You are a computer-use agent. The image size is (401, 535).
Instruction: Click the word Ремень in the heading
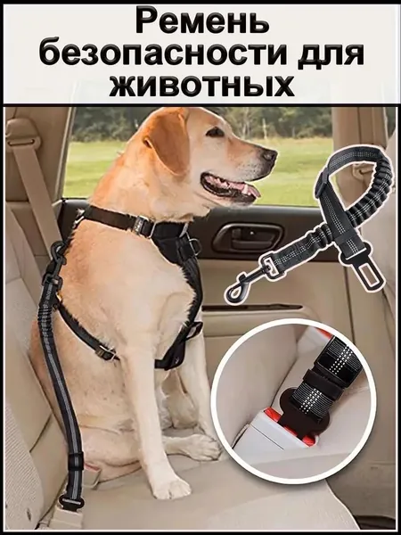pyautogui.click(x=202, y=22)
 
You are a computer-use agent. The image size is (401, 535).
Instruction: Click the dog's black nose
pyautogui.click(x=269, y=155)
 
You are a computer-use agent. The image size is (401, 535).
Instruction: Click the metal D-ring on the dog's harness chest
pyautogui.click(x=196, y=246)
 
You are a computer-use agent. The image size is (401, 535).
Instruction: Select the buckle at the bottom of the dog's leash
pyautogui.click(x=71, y=502)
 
